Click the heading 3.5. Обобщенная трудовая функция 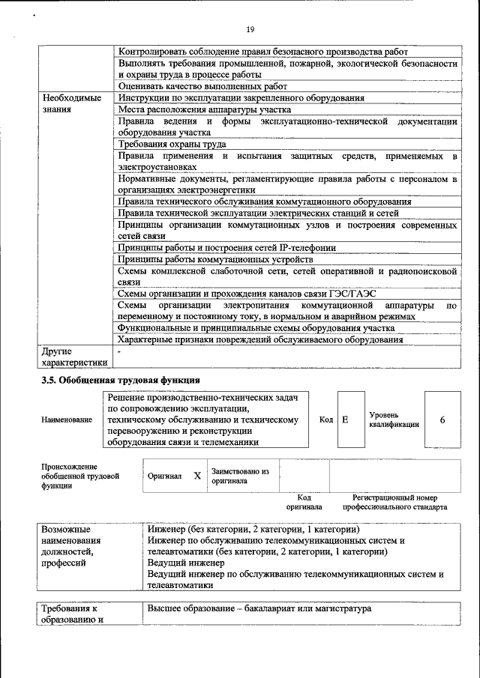tap(120, 380)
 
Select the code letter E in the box tap(345, 420)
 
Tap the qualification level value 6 tap(442, 420)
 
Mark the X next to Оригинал tap(197, 476)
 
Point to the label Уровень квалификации tap(394, 420)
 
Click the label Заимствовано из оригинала tap(239, 476)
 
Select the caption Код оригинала tap(304, 502)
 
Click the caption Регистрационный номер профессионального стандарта tap(394, 502)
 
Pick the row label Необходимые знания tap(72, 103)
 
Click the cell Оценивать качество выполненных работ tap(202, 86)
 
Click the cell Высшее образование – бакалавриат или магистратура tap(259, 609)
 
